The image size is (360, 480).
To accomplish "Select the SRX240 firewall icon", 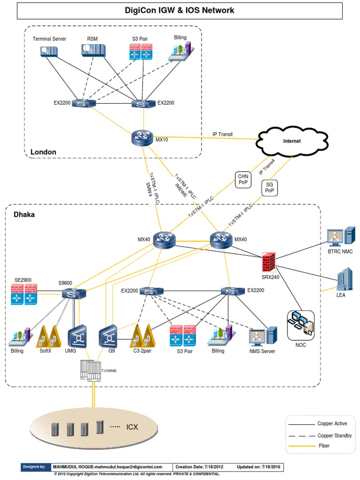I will coord(268,261).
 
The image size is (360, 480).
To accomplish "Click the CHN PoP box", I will coord(243,180).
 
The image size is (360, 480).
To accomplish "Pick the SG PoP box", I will coord(269,188).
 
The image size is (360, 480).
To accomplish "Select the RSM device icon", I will coord(91,50).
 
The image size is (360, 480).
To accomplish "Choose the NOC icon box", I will coord(300,325).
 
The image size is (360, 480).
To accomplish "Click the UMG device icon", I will coord(75,337).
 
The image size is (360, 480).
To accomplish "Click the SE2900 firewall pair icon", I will coord(23,294).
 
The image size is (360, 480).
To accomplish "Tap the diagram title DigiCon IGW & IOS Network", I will coord(180,10).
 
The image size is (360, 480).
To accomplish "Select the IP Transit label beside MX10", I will coord(222,135).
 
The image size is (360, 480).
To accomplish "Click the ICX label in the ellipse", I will coord(132,427).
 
